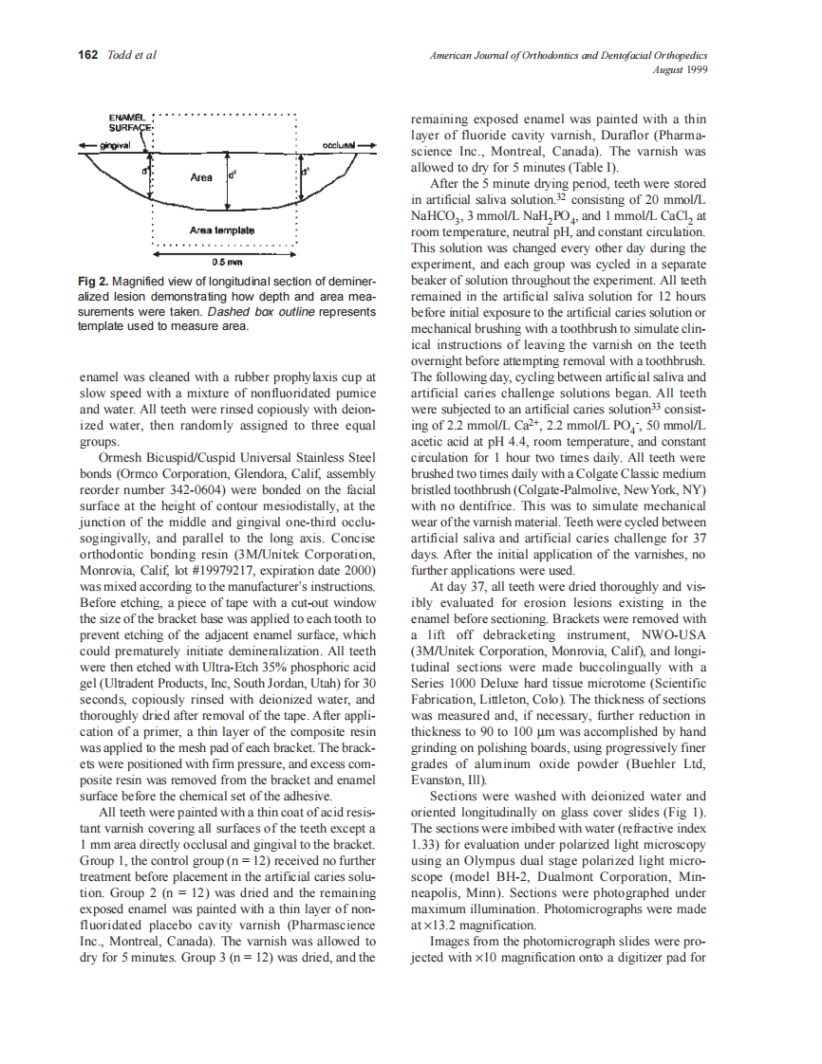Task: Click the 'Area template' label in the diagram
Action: [221, 230]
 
